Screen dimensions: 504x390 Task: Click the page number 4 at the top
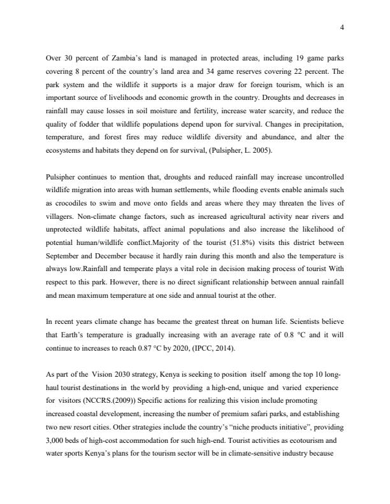(342, 27)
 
